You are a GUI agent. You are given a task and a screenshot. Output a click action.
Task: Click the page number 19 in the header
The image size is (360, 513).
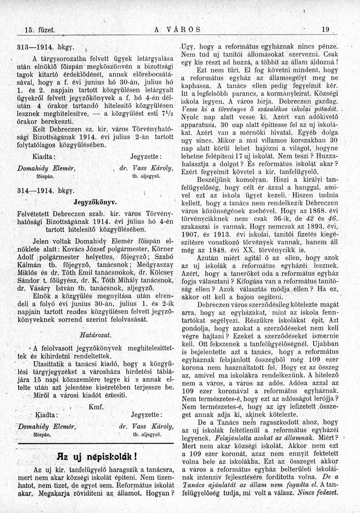click(x=326, y=29)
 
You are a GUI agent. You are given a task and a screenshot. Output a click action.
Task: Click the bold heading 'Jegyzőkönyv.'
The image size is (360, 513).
click(x=96, y=202)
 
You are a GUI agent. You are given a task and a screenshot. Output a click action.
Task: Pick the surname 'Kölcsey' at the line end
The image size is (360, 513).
click(x=161, y=278)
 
